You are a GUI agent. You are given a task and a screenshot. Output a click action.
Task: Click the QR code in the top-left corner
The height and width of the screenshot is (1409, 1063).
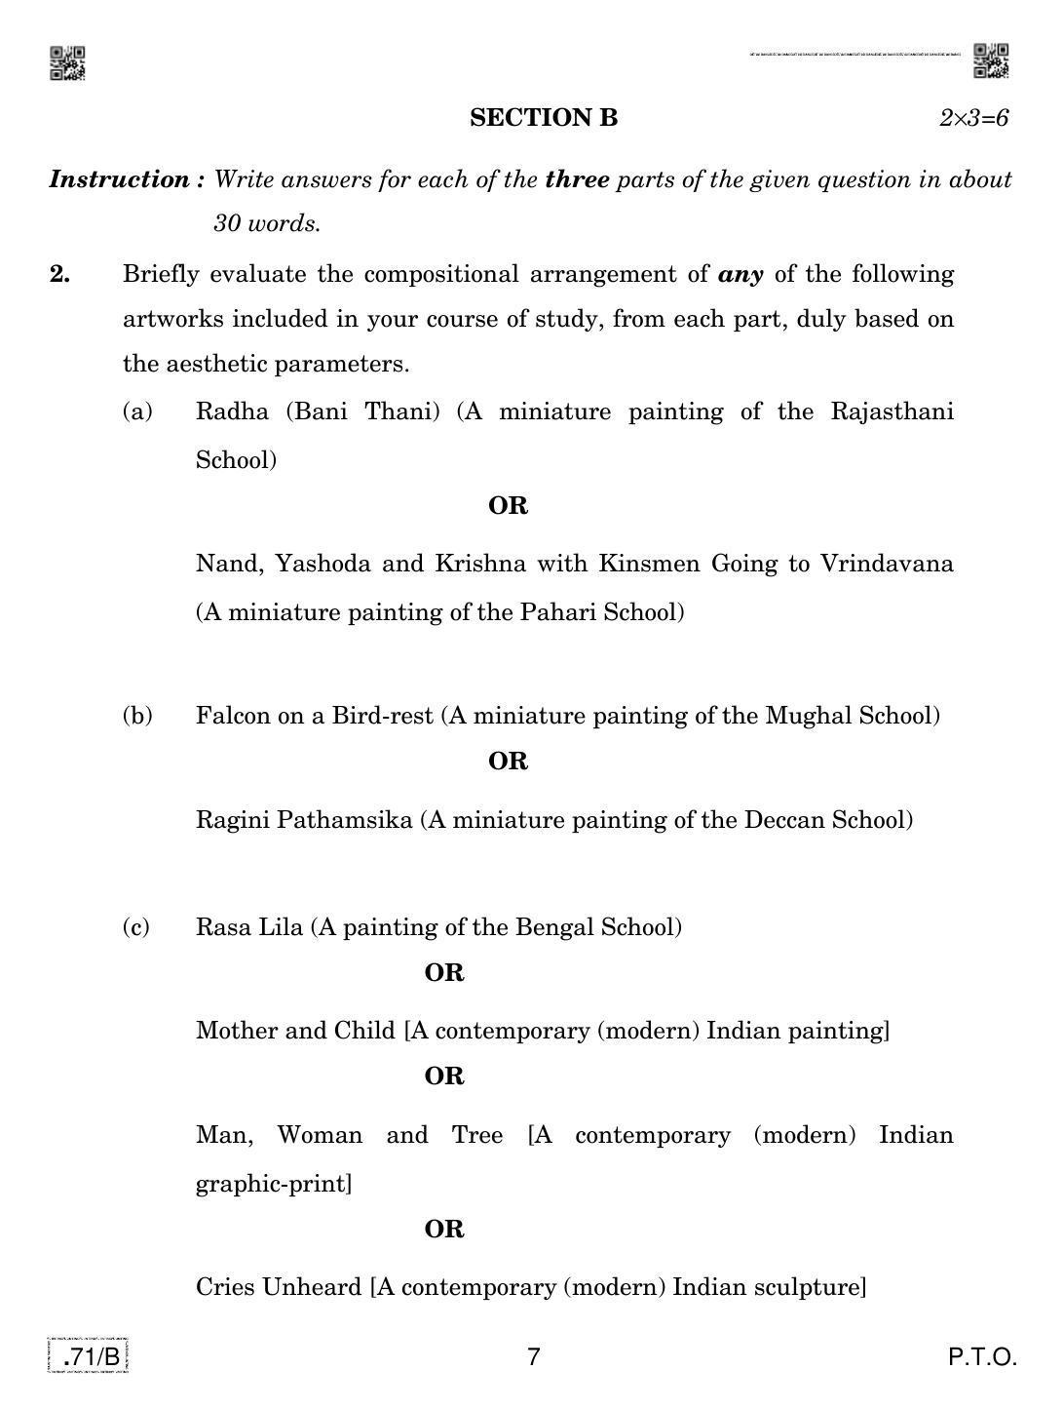coord(67,62)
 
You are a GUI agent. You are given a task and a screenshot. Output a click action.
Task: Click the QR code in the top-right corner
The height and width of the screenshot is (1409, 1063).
coord(991,60)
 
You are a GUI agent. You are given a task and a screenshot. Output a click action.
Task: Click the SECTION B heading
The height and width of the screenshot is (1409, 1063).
coord(544,118)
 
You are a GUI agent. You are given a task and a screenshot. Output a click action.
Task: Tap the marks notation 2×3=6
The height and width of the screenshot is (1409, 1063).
coord(973,118)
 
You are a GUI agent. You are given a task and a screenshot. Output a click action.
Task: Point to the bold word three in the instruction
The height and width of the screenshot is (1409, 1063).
coord(577,179)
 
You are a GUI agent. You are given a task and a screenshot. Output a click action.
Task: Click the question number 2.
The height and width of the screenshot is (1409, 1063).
coord(60,274)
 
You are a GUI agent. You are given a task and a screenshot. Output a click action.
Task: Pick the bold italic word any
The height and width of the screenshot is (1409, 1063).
coord(740,274)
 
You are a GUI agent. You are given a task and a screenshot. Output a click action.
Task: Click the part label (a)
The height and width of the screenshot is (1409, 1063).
coord(138,411)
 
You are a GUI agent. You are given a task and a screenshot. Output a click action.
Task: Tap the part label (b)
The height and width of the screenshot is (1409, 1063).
coord(137,716)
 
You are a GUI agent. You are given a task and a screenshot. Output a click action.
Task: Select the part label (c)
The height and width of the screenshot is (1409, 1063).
coord(136,926)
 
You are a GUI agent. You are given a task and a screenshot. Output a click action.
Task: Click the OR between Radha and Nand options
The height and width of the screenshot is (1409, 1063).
coord(508,506)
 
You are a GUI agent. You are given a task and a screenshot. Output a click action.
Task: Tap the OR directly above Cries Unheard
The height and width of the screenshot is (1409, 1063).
coord(444,1229)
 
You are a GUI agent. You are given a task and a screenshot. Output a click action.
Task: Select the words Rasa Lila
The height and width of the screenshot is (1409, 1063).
coord(249,926)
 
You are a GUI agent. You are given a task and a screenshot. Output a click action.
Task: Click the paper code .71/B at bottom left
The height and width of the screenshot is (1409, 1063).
coord(89,1356)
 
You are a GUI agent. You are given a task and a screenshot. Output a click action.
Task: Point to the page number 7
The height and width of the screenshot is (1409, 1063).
coord(532,1356)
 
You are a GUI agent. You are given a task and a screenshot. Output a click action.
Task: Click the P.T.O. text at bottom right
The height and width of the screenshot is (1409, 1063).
coord(983,1356)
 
